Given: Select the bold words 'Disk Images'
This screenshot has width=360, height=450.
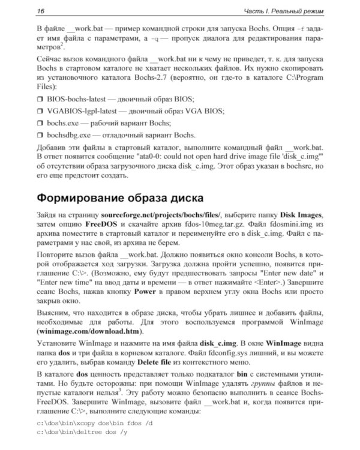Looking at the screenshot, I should [298, 215].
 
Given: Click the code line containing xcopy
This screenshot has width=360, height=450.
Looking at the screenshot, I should [95, 424].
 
